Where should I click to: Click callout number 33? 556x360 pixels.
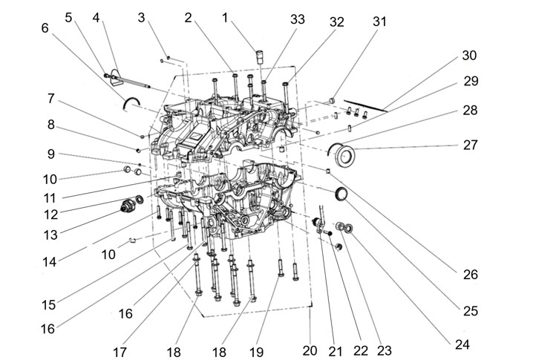pyautogui.click(x=298, y=20)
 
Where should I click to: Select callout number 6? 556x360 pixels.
pyautogui.click(x=45, y=27)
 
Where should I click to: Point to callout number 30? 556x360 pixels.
pyautogui.click(x=469, y=56)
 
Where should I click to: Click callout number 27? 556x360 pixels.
pyautogui.click(x=471, y=145)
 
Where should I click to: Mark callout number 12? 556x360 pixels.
pyautogui.click(x=51, y=214)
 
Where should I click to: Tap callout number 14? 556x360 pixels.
pyautogui.click(x=51, y=261)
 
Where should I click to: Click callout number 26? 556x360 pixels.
pyautogui.click(x=470, y=275)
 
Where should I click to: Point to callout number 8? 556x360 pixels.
pyautogui.click(x=51, y=125)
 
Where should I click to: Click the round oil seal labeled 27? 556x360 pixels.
pyautogui.click(x=344, y=155)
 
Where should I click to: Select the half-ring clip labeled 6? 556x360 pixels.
pyautogui.click(x=132, y=102)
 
